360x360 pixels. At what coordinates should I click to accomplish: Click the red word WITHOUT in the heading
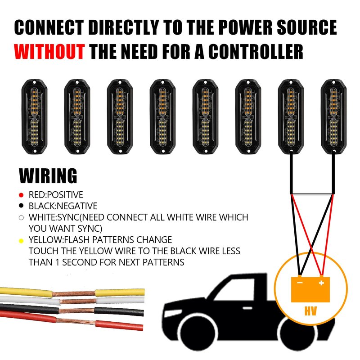click(49, 52)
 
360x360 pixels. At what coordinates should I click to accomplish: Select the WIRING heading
click(48, 175)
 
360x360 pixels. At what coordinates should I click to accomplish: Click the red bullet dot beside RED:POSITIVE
click(21, 195)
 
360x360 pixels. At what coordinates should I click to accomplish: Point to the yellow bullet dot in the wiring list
click(21, 241)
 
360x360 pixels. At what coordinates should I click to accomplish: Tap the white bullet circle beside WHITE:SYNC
click(21, 218)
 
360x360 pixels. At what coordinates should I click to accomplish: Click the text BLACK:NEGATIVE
click(63, 207)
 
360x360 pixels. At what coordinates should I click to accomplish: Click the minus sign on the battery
click(300, 283)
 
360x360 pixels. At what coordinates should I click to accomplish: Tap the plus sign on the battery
click(321, 283)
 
